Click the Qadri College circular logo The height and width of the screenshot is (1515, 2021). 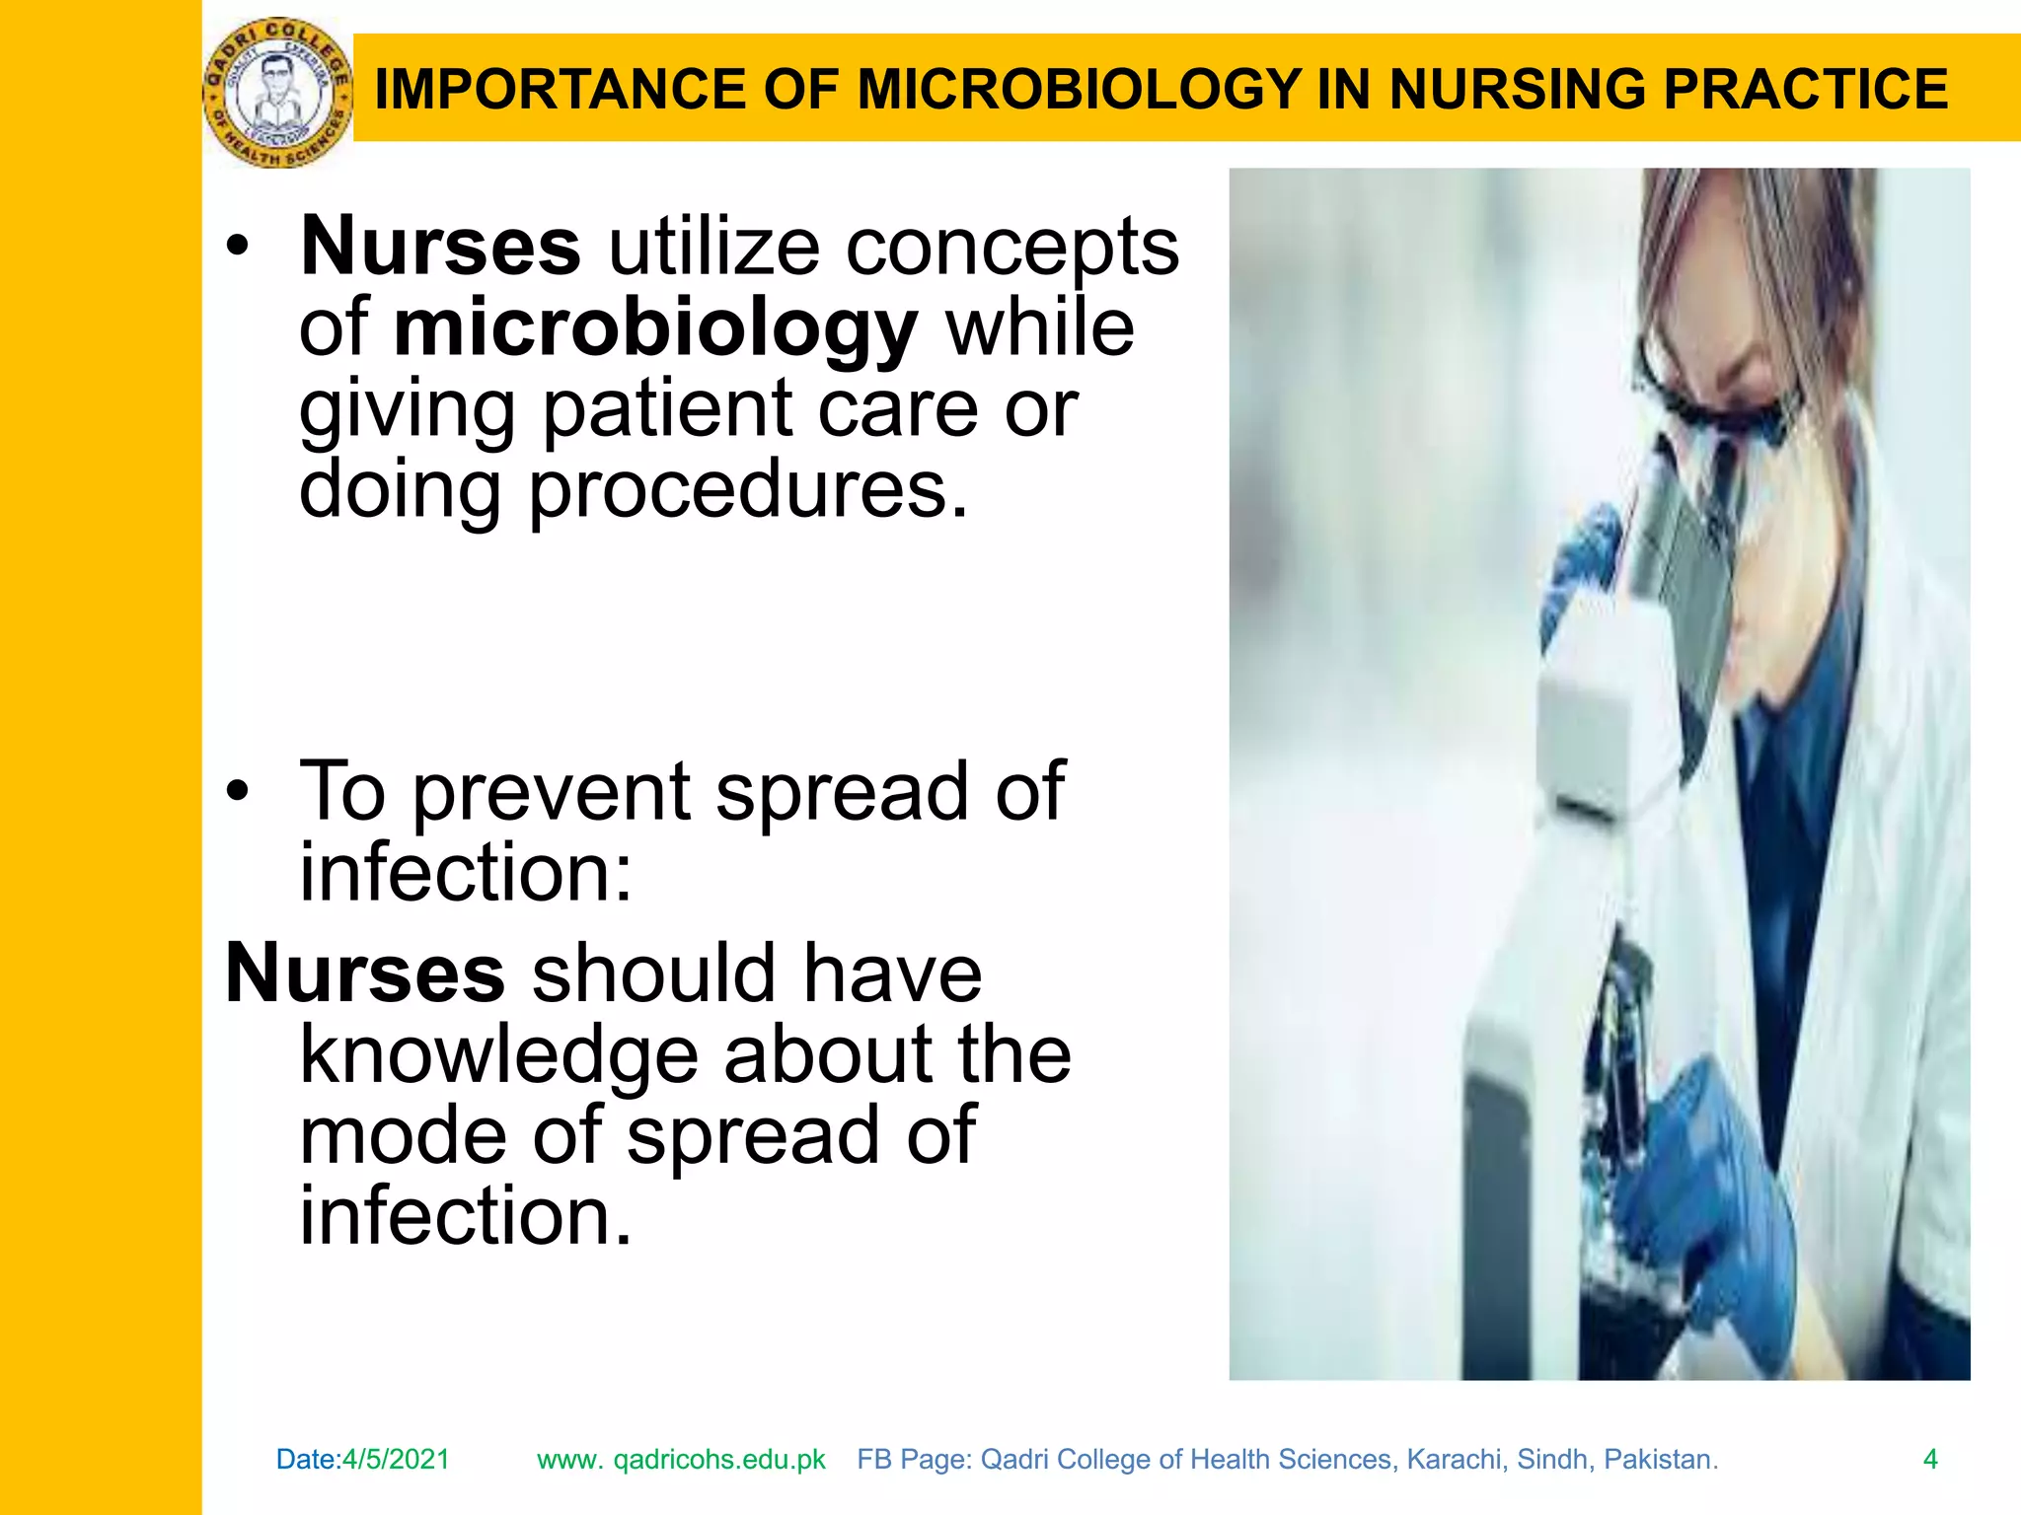pos(277,93)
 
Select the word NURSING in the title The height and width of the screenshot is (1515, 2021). pos(1519,90)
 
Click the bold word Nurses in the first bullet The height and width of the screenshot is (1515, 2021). pos(440,247)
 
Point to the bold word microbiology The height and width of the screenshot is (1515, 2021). pos(655,328)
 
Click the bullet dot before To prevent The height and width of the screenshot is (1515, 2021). pos(238,791)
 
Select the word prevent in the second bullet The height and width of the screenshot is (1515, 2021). pos(552,792)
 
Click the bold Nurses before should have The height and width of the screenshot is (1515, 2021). pos(365,974)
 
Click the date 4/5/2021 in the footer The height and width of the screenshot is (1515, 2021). pos(396,1459)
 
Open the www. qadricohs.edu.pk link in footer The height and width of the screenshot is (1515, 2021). pos(681,1459)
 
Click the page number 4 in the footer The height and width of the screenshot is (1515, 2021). pos(1930,1459)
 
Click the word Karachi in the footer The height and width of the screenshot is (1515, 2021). pos(1456,1459)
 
